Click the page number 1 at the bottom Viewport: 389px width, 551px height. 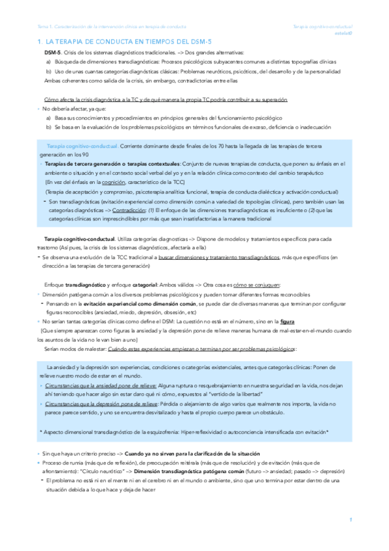point(350,520)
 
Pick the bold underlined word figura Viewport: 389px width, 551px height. point(286,320)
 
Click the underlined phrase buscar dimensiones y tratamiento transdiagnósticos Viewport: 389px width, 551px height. point(219,257)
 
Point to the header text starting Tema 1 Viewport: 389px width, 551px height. point(110,27)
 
